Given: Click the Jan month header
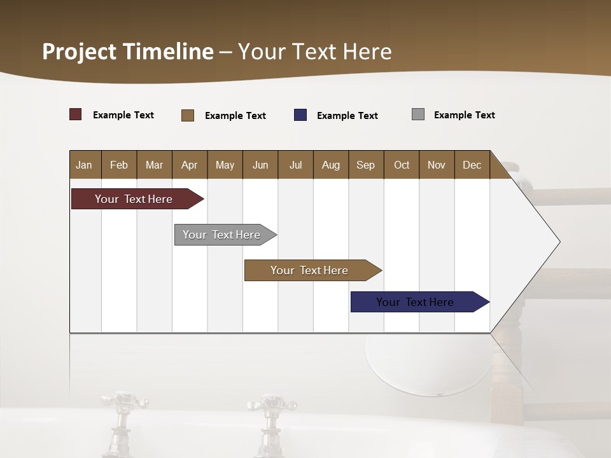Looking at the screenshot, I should click(84, 165).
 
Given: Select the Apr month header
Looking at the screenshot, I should click(189, 165).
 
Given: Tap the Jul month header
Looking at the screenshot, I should click(295, 165).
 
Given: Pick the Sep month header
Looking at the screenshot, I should click(365, 165).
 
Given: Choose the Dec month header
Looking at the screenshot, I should click(472, 165).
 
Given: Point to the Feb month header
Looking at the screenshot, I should click(119, 165).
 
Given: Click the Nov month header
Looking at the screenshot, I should click(436, 165).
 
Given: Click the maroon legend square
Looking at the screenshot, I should click(76, 114).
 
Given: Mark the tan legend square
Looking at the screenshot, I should click(188, 115).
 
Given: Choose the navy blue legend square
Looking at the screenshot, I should click(300, 115).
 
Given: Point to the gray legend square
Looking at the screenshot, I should click(418, 114).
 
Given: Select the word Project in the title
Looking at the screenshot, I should click(80, 52).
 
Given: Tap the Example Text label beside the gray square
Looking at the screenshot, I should click(464, 115).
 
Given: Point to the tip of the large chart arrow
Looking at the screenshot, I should click(559, 242).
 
